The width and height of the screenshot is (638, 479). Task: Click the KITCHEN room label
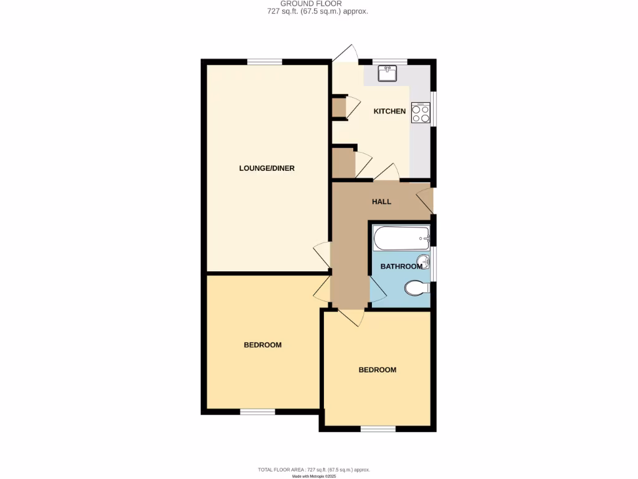pos(389,112)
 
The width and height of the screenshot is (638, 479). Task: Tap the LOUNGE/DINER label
pos(267,168)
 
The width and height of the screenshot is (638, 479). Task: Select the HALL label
pos(381,202)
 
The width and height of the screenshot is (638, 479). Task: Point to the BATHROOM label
pos(401,266)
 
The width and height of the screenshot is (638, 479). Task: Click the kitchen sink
pos(388,74)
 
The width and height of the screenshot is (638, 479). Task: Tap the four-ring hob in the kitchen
pos(420,113)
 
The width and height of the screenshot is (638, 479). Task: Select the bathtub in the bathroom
pos(401,238)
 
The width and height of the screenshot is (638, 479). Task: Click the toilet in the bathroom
pos(415,288)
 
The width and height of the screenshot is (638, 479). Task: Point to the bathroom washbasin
pos(423,261)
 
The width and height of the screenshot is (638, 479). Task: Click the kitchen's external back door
pos(345,54)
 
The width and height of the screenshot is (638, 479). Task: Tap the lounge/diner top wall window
pos(264,60)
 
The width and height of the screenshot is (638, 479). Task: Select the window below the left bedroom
pos(257,412)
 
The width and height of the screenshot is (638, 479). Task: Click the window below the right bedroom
pos(378,428)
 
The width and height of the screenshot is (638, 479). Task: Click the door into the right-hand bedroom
pos(351,317)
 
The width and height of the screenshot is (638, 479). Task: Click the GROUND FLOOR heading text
pos(319,4)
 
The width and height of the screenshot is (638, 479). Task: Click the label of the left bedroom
pos(262,345)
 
